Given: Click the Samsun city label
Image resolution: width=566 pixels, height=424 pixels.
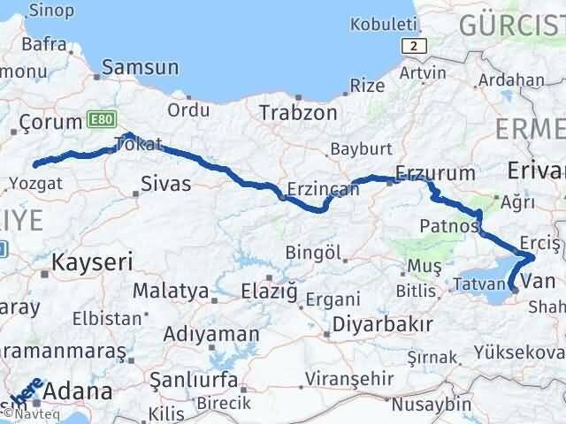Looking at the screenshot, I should click(x=141, y=68).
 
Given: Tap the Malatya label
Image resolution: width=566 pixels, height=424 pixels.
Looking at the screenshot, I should click(x=171, y=291).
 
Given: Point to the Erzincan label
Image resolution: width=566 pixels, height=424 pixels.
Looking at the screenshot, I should click(x=311, y=189).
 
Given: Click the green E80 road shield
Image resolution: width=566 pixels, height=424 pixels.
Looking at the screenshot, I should click(x=99, y=117).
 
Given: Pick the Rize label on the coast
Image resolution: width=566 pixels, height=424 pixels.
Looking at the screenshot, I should click(x=367, y=86).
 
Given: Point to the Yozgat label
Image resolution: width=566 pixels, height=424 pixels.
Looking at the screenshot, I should click(x=36, y=185).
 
